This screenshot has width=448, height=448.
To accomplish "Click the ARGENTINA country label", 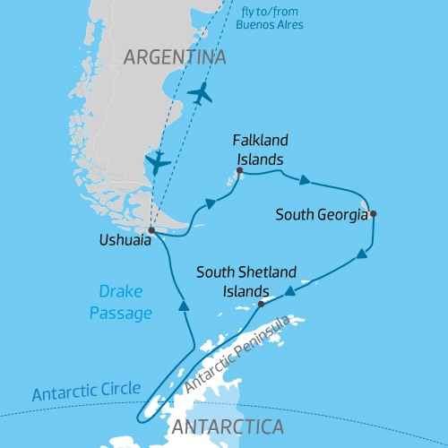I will coord(175,58).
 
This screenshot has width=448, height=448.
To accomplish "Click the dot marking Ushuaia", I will coord(151,230).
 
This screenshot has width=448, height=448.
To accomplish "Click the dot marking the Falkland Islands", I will coord(239,170).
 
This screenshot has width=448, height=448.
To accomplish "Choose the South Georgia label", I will coord(321,215).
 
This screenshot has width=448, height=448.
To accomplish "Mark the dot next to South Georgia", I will coord(373,213).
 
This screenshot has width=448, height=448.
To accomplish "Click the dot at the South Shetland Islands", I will coord(261,304).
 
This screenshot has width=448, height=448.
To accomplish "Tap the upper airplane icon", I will coord(202,92).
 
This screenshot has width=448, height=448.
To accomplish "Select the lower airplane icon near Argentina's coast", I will coord(159,161).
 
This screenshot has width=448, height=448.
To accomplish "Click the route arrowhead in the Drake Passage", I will coord(184,306).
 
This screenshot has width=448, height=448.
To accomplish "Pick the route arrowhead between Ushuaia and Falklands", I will coord(211,203).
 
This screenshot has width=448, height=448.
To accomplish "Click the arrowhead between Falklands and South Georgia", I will coord(305,180).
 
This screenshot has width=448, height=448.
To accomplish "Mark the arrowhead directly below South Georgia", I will coord(361,254).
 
